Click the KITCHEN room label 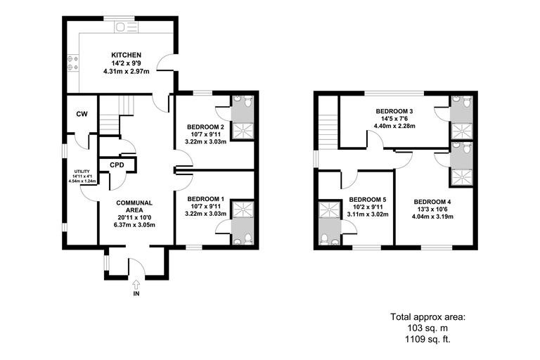tap(127, 54)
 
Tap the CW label tap(82, 114)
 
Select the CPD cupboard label tap(117, 165)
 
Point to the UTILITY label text tap(82, 171)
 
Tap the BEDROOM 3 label tap(394, 111)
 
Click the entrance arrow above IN tap(136, 283)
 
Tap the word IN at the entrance tap(136, 294)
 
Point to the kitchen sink tap(126, 28)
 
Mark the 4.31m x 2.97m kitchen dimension tap(127, 71)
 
